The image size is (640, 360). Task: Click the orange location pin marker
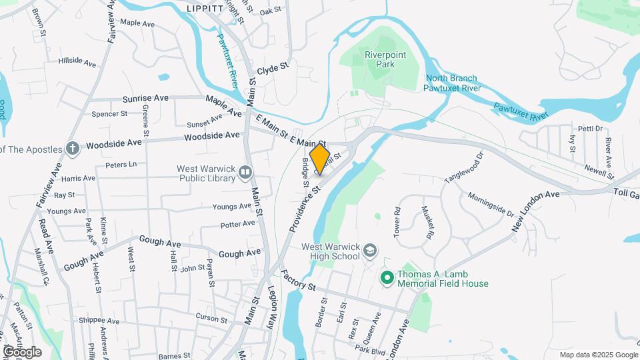(x=320, y=159)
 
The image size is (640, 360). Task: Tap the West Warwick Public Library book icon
(x=245, y=174)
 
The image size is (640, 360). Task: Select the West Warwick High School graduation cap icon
(x=370, y=251)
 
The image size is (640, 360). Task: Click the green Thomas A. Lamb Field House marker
(x=386, y=277)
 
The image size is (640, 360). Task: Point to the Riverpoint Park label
(x=380, y=59)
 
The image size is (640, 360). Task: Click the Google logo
(x=21, y=352)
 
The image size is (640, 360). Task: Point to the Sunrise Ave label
(x=145, y=98)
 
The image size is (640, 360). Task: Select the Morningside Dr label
(x=491, y=205)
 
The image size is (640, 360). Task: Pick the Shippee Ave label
(x=98, y=321)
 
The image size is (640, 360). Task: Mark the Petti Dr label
(x=590, y=129)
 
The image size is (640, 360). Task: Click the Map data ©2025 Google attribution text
(x=598, y=355)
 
